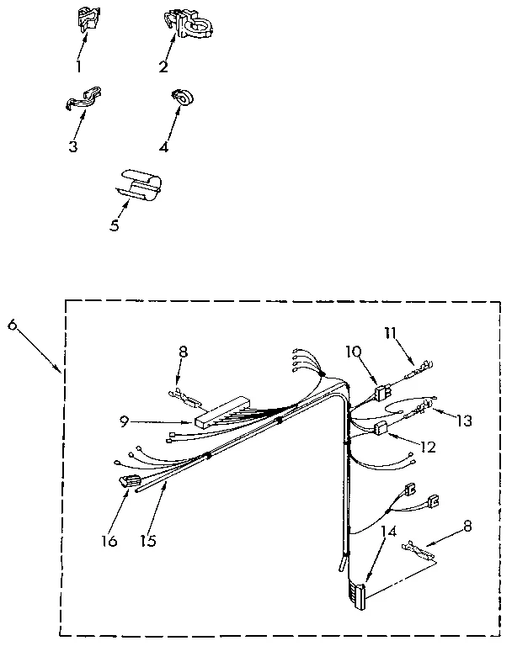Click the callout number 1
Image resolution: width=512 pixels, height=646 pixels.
79,66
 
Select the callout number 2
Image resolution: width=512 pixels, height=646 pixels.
163,66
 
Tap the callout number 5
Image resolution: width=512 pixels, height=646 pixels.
115,225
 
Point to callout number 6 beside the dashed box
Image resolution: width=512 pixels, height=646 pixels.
13,325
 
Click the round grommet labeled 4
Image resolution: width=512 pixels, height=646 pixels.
182,98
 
